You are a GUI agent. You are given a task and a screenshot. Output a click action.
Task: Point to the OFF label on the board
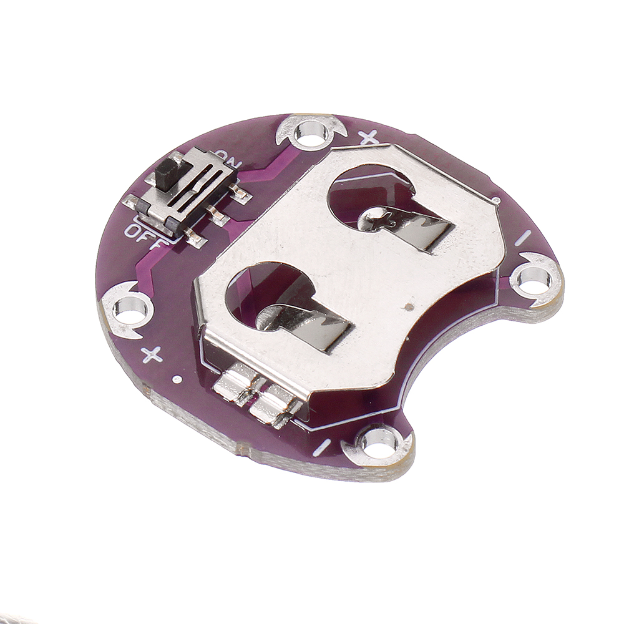coord(142,235)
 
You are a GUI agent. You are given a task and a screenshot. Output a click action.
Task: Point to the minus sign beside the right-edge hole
coord(524,238)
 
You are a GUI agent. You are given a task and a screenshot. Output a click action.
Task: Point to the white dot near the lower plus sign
coord(177,379)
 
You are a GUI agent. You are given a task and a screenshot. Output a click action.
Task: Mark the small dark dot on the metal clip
coord(407,307)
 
